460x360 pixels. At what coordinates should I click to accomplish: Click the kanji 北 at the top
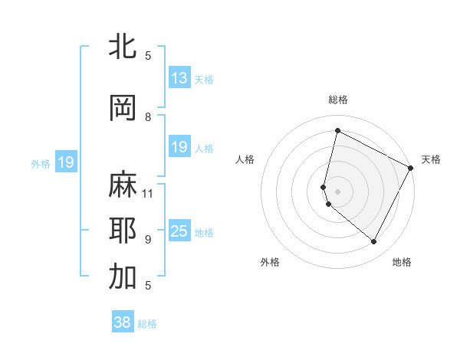coord(123,47)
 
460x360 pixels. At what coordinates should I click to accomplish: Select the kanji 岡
coord(123,108)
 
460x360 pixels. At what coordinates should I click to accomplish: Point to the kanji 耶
coord(123,231)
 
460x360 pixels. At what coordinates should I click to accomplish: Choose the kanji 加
coord(123,277)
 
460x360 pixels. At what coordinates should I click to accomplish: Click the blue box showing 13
coord(179,78)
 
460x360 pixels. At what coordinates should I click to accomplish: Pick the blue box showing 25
coord(179,232)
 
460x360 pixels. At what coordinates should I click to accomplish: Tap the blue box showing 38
coord(123,322)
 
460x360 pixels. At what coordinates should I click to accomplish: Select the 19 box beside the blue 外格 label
coord(65,162)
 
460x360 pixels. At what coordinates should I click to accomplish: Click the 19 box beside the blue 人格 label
coord(179,147)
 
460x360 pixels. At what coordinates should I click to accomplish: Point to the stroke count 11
coord(149,193)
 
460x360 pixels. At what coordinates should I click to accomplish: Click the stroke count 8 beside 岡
coord(148,116)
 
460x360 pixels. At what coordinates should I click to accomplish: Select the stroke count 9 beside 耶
coord(148,239)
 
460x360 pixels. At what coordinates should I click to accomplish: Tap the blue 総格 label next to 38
coord(147,324)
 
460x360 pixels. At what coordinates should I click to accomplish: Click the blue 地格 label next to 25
coord(204,233)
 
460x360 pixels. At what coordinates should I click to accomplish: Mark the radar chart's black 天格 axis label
coord(431,159)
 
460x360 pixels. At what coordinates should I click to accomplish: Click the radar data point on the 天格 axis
coord(411,168)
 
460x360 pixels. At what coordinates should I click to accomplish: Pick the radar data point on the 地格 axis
coord(374,242)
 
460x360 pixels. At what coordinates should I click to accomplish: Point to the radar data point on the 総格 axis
coord(337,130)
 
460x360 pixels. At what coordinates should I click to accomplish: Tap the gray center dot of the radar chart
coord(337,191)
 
